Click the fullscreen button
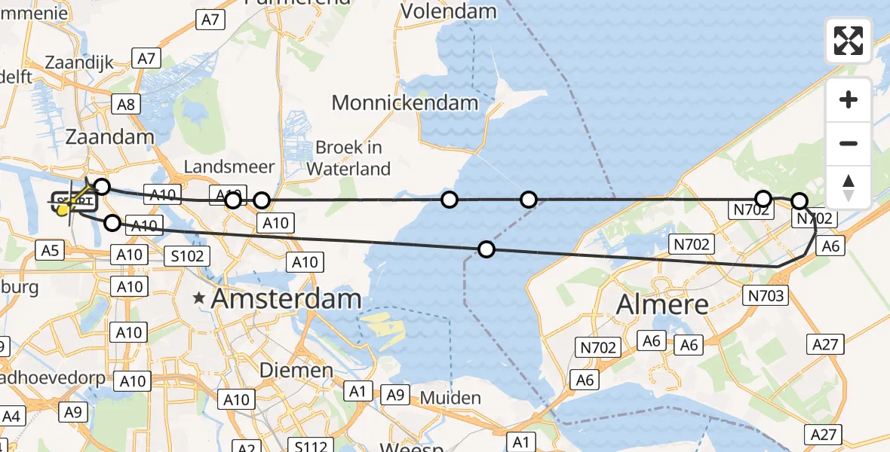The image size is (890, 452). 849,40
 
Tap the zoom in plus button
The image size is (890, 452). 849,99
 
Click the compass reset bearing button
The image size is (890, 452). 849,188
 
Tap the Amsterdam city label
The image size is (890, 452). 286,298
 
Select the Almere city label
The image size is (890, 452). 663,304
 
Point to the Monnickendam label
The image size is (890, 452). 405,102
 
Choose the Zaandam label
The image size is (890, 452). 110,136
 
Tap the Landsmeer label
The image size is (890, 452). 229,166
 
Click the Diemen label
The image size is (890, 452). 296,370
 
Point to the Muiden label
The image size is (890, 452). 450,398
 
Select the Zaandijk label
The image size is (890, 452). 79,62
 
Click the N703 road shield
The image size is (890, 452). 766,295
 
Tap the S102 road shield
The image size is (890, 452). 186,255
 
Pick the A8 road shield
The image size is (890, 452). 125,104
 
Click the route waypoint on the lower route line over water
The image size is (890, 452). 486,249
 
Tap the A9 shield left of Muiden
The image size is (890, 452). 396,394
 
